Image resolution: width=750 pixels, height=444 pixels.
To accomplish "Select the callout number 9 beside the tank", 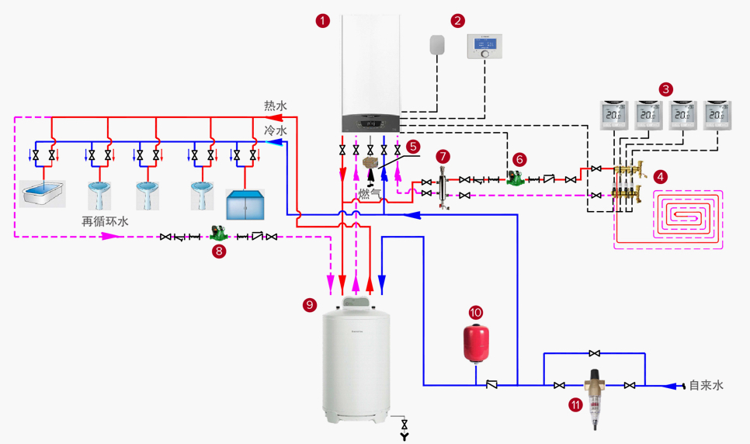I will click(x=310, y=305).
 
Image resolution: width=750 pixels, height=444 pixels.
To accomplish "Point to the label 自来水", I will click(x=706, y=385).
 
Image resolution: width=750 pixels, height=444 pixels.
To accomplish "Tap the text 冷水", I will click(x=276, y=130).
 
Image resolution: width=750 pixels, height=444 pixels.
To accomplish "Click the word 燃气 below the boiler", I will click(x=370, y=193).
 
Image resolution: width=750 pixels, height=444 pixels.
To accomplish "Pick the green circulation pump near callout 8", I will click(x=217, y=233).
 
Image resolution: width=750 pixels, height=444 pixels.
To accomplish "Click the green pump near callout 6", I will click(x=513, y=177).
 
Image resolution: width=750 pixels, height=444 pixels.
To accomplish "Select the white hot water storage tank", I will click(x=356, y=361).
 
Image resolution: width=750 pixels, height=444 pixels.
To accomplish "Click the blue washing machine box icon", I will click(x=245, y=203).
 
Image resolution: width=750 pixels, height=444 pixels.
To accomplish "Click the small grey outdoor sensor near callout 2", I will click(x=436, y=44).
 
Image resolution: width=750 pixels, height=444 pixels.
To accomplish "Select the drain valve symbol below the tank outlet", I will click(x=404, y=426).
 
